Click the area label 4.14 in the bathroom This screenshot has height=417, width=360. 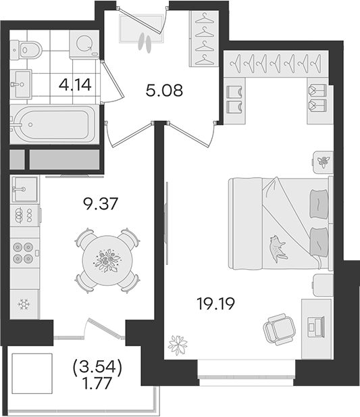pyautogui.click(x=75, y=85)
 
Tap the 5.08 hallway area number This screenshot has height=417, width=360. pyautogui.click(x=164, y=91)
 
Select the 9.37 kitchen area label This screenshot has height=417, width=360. pyautogui.click(x=100, y=204)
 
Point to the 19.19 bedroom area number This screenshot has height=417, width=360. pyautogui.click(x=215, y=303)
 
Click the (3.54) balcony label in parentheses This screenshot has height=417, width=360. pyautogui.click(x=97, y=367)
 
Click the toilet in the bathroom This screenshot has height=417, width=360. pyautogui.click(x=26, y=50)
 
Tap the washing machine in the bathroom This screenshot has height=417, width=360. pyautogui.click(x=84, y=44)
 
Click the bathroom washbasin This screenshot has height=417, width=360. pyautogui.click(x=21, y=84)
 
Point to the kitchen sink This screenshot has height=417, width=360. pyautogui.click(x=24, y=189)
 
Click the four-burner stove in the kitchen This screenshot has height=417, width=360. pyautogui.click(x=24, y=253)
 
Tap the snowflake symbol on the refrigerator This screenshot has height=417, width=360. pyautogui.click(x=24, y=304)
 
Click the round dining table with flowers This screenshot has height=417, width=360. pyautogui.click(x=107, y=260)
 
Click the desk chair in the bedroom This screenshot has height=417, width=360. pyautogui.click(x=280, y=329)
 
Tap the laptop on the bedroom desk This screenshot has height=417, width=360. pyautogui.click(x=315, y=326)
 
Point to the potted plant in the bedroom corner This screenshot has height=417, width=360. pyautogui.click(x=178, y=345)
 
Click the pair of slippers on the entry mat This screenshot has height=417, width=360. pyautogui.click(x=145, y=43)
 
